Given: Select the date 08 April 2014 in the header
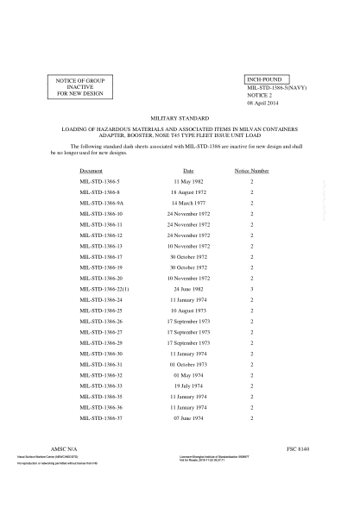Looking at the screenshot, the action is point(262,103).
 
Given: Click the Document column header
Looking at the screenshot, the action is point(91,172).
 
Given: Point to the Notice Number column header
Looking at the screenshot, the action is point(252,172).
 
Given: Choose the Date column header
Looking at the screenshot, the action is point(188,172).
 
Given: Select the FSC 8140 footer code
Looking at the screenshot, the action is point(298,451).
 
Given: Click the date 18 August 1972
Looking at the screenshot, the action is point(188,193).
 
